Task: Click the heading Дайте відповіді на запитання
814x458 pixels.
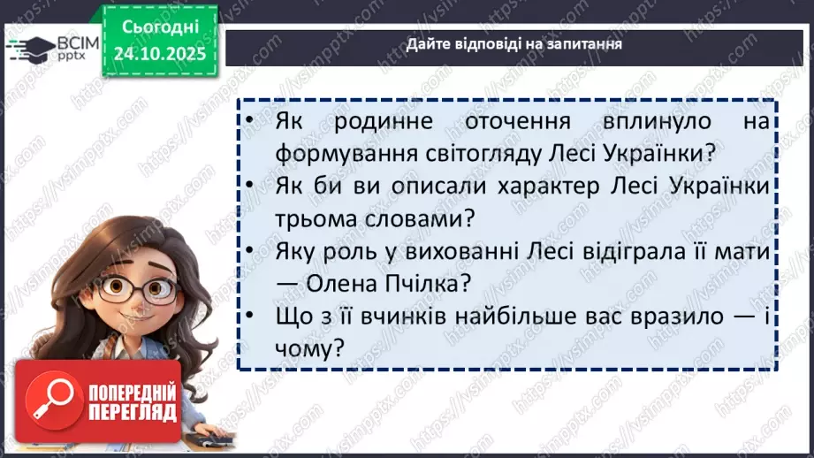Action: click(x=514, y=44)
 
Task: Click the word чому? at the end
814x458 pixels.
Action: click(x=308, y=349)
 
